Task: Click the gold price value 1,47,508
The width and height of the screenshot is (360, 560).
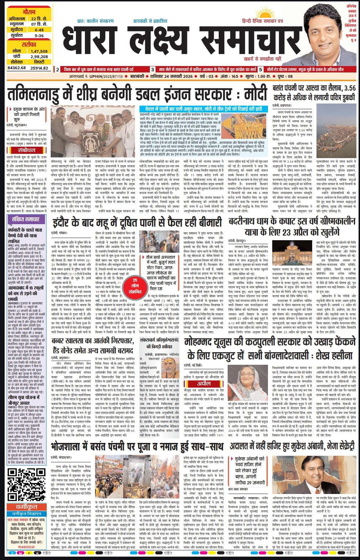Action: pyautogui.click(x=39, y=51)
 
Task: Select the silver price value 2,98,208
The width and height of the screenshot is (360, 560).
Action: pyautogui.click(x=39, y=56)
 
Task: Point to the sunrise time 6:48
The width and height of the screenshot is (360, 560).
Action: pyautogui.click(x=39, y=30)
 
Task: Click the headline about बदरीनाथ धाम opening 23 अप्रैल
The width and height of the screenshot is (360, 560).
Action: pyautogui.click(x=292, y=229)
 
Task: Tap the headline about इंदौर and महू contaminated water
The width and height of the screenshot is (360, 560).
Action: pyautogui.click(x=137, y=223)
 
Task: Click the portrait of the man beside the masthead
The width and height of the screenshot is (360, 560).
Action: pyautogui.click(x=322, y=34)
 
